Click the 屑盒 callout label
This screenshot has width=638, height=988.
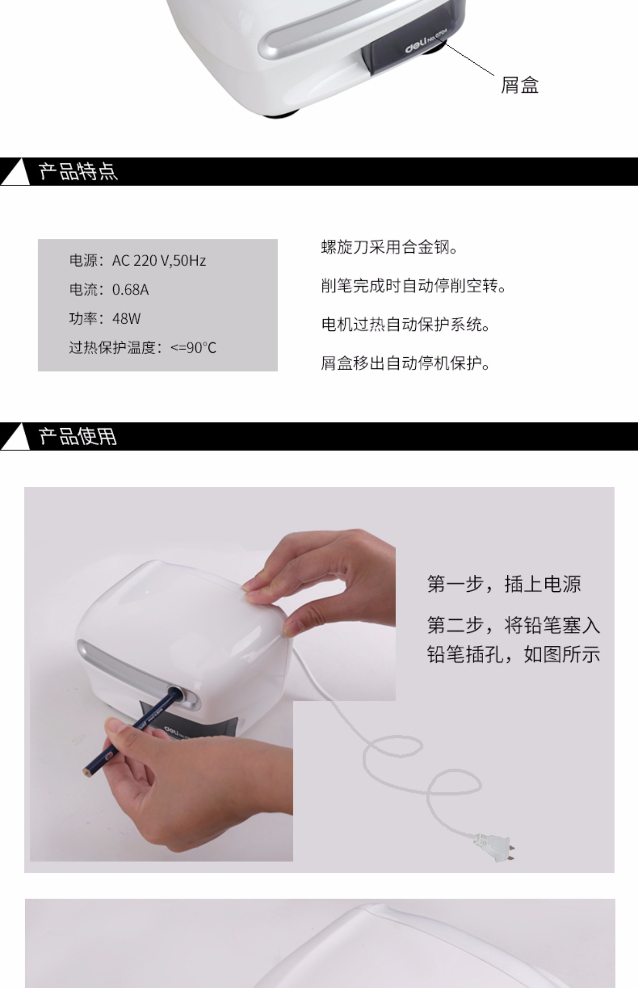520,85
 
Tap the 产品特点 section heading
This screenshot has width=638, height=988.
78,171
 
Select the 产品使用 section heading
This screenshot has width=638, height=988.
78,436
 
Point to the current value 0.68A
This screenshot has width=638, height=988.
130,290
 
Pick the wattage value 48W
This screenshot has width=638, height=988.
126,319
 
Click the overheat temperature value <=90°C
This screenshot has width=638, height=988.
193,348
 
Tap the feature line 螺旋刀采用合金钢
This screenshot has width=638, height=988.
389,248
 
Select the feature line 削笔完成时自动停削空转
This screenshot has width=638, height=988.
414,286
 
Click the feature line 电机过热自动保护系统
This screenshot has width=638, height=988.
405,325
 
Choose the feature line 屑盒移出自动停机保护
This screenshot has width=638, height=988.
405,363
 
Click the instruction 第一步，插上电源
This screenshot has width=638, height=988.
504,584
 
